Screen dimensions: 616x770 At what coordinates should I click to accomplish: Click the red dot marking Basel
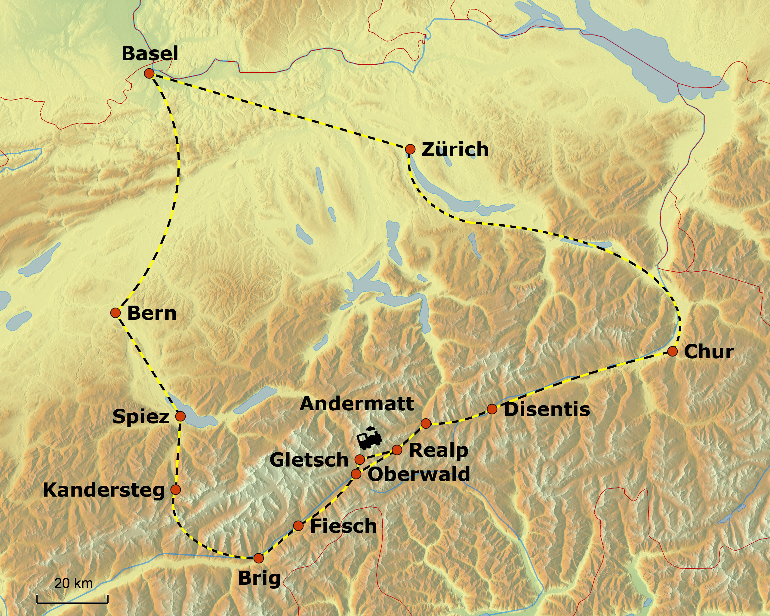149,74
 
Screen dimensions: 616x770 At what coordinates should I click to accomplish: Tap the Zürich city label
455,149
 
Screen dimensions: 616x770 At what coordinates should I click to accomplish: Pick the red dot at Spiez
180,416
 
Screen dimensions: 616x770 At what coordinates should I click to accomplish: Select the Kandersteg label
103,490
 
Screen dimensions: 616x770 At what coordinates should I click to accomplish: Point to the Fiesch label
343,526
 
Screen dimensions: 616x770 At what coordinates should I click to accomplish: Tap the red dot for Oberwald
356,474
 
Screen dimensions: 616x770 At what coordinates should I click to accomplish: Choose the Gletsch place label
309,460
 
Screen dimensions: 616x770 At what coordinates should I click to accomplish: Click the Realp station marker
397,450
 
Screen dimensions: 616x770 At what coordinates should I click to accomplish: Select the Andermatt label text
357,404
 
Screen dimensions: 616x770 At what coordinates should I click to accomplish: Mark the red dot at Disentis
492,409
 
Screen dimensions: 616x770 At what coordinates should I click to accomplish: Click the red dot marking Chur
673,351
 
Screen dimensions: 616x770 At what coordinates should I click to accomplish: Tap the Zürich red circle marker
410,149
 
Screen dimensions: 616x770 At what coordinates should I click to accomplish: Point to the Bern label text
152,313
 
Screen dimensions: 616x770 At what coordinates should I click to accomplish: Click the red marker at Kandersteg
175,489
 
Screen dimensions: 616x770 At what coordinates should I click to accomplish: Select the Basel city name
150,54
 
